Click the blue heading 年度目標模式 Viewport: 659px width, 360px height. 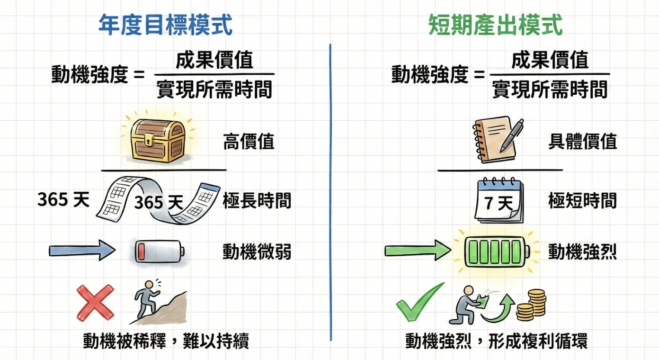(165, 25)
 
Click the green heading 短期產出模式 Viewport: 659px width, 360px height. (495, 25)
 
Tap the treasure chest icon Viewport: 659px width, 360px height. (157, 139)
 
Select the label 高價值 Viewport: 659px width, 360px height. (249, 142)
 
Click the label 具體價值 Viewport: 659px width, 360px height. (582, 142)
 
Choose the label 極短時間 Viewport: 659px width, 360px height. (582, 201)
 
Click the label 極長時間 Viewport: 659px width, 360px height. (257, 201)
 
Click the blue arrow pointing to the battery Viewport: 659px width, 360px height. (82, 251)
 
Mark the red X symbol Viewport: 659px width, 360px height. (95, 303)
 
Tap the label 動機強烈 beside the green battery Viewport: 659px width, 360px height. (582, 252)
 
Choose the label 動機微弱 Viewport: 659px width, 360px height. (257, 252)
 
